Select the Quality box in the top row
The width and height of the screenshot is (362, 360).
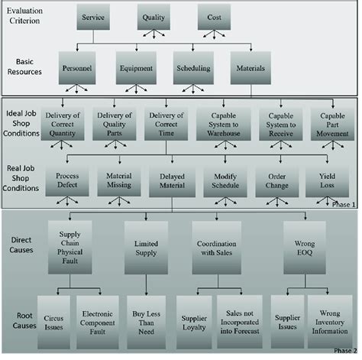point(157,16)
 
